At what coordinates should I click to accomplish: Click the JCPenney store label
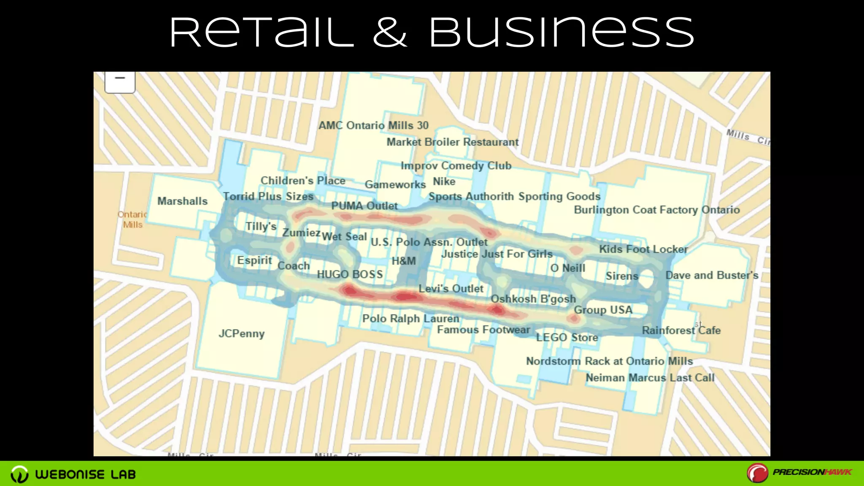241,334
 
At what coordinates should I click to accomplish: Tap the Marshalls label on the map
182,201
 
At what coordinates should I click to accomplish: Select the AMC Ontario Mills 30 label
373,125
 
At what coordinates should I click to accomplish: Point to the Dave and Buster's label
712,275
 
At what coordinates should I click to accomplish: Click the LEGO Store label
567,337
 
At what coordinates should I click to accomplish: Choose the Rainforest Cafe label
681,330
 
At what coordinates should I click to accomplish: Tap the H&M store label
404,261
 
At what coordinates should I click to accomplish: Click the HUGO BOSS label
350,275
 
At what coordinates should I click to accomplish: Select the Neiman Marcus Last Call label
650,378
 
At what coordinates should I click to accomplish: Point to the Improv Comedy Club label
456,166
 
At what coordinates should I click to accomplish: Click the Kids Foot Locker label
643,249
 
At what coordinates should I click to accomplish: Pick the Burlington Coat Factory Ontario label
656,210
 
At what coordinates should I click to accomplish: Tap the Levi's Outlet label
451,289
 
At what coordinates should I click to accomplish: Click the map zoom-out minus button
120,79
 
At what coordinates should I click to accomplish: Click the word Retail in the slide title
262,33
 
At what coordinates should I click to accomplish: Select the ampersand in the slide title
390,33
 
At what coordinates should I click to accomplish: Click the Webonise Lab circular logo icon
19,474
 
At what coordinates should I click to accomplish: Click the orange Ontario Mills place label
132,219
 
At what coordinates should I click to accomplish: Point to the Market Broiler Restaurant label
452,142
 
